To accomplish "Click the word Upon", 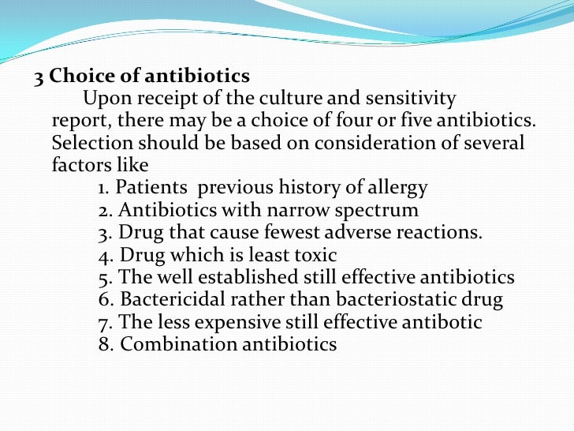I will tap(106, 99).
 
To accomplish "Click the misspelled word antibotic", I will tap(442, 323).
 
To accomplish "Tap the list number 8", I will tap(106, 345).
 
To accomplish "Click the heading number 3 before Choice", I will tap(37, 77).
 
